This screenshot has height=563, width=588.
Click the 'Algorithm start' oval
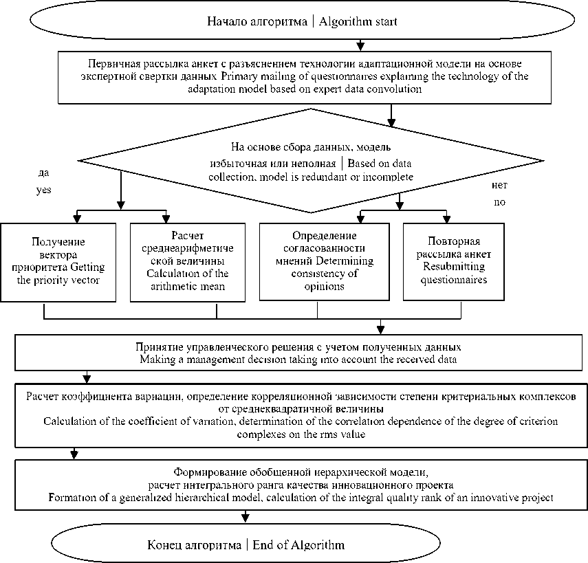pyautogui.click(x=302, y=21)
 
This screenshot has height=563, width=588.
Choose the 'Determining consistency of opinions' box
pyautogui.click(x=318, y=261)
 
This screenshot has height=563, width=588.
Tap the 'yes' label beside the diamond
pyautogui.click(x=43, y=190)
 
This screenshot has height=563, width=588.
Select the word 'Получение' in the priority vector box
pyautogui.click(x=58, y=241)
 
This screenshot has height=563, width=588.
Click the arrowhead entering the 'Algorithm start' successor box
pyautogui.click(x=360, y=47)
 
